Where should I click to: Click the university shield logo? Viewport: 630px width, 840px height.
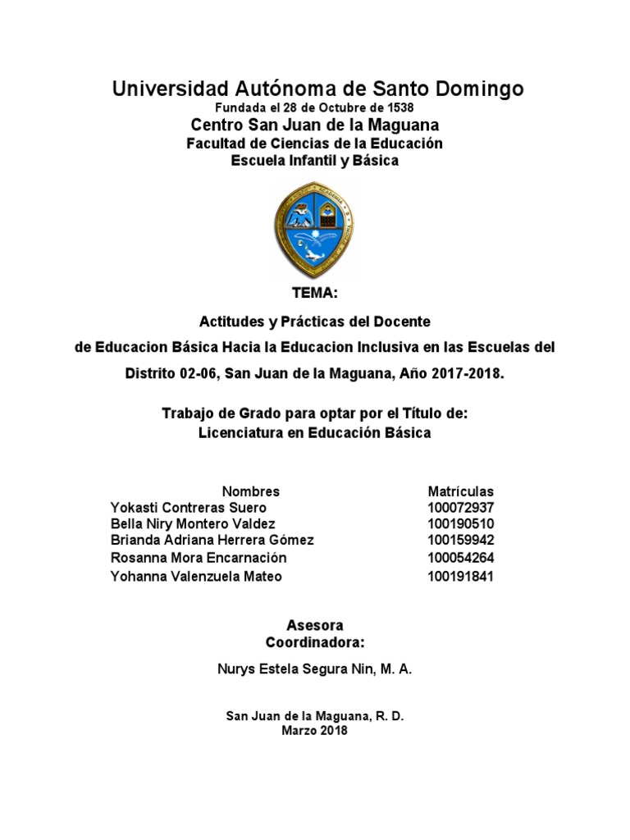[314, 229]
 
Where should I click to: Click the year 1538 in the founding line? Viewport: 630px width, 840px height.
[399, 107]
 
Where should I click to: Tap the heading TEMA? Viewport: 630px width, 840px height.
[315, 293]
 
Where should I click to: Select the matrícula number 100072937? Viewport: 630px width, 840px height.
[461, 508]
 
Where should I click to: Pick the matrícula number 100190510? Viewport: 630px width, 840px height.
[461, 524]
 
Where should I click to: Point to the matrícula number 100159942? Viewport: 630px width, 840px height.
[461, 541]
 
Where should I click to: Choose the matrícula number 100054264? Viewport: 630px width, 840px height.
[461, 558]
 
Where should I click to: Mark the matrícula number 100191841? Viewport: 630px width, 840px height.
[461, 577]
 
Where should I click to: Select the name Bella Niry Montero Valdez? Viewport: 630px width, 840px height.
[193, 524]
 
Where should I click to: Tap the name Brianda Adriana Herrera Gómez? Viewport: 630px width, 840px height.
[212, 541]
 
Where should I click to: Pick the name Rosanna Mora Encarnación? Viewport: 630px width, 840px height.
[199, 558]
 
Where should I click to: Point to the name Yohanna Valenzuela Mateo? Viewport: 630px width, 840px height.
[196, 577]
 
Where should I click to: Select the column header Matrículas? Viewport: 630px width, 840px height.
[461, 491]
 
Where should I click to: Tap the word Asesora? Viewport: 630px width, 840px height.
[314, 625]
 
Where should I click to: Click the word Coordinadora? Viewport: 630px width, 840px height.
[314, 641]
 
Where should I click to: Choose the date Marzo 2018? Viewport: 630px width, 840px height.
[314, 731]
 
